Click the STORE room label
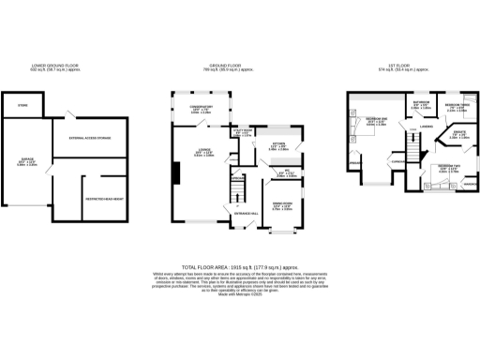click(22, 106)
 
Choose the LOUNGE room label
click(202, 154)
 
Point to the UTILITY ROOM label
click(242, 131)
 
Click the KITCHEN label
click(279, 145)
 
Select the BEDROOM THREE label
click(457, 106)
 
